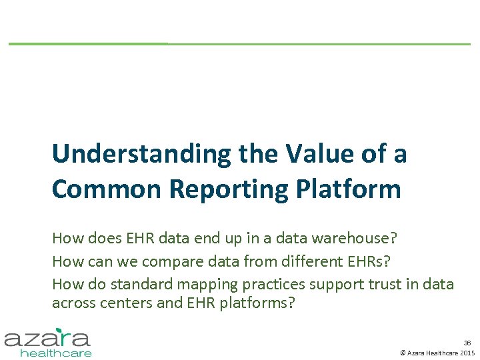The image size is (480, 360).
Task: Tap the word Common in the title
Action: pyautogui.click(x=107, y=189)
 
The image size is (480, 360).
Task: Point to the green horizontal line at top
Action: pyautogui.click(x=240, y=44)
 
